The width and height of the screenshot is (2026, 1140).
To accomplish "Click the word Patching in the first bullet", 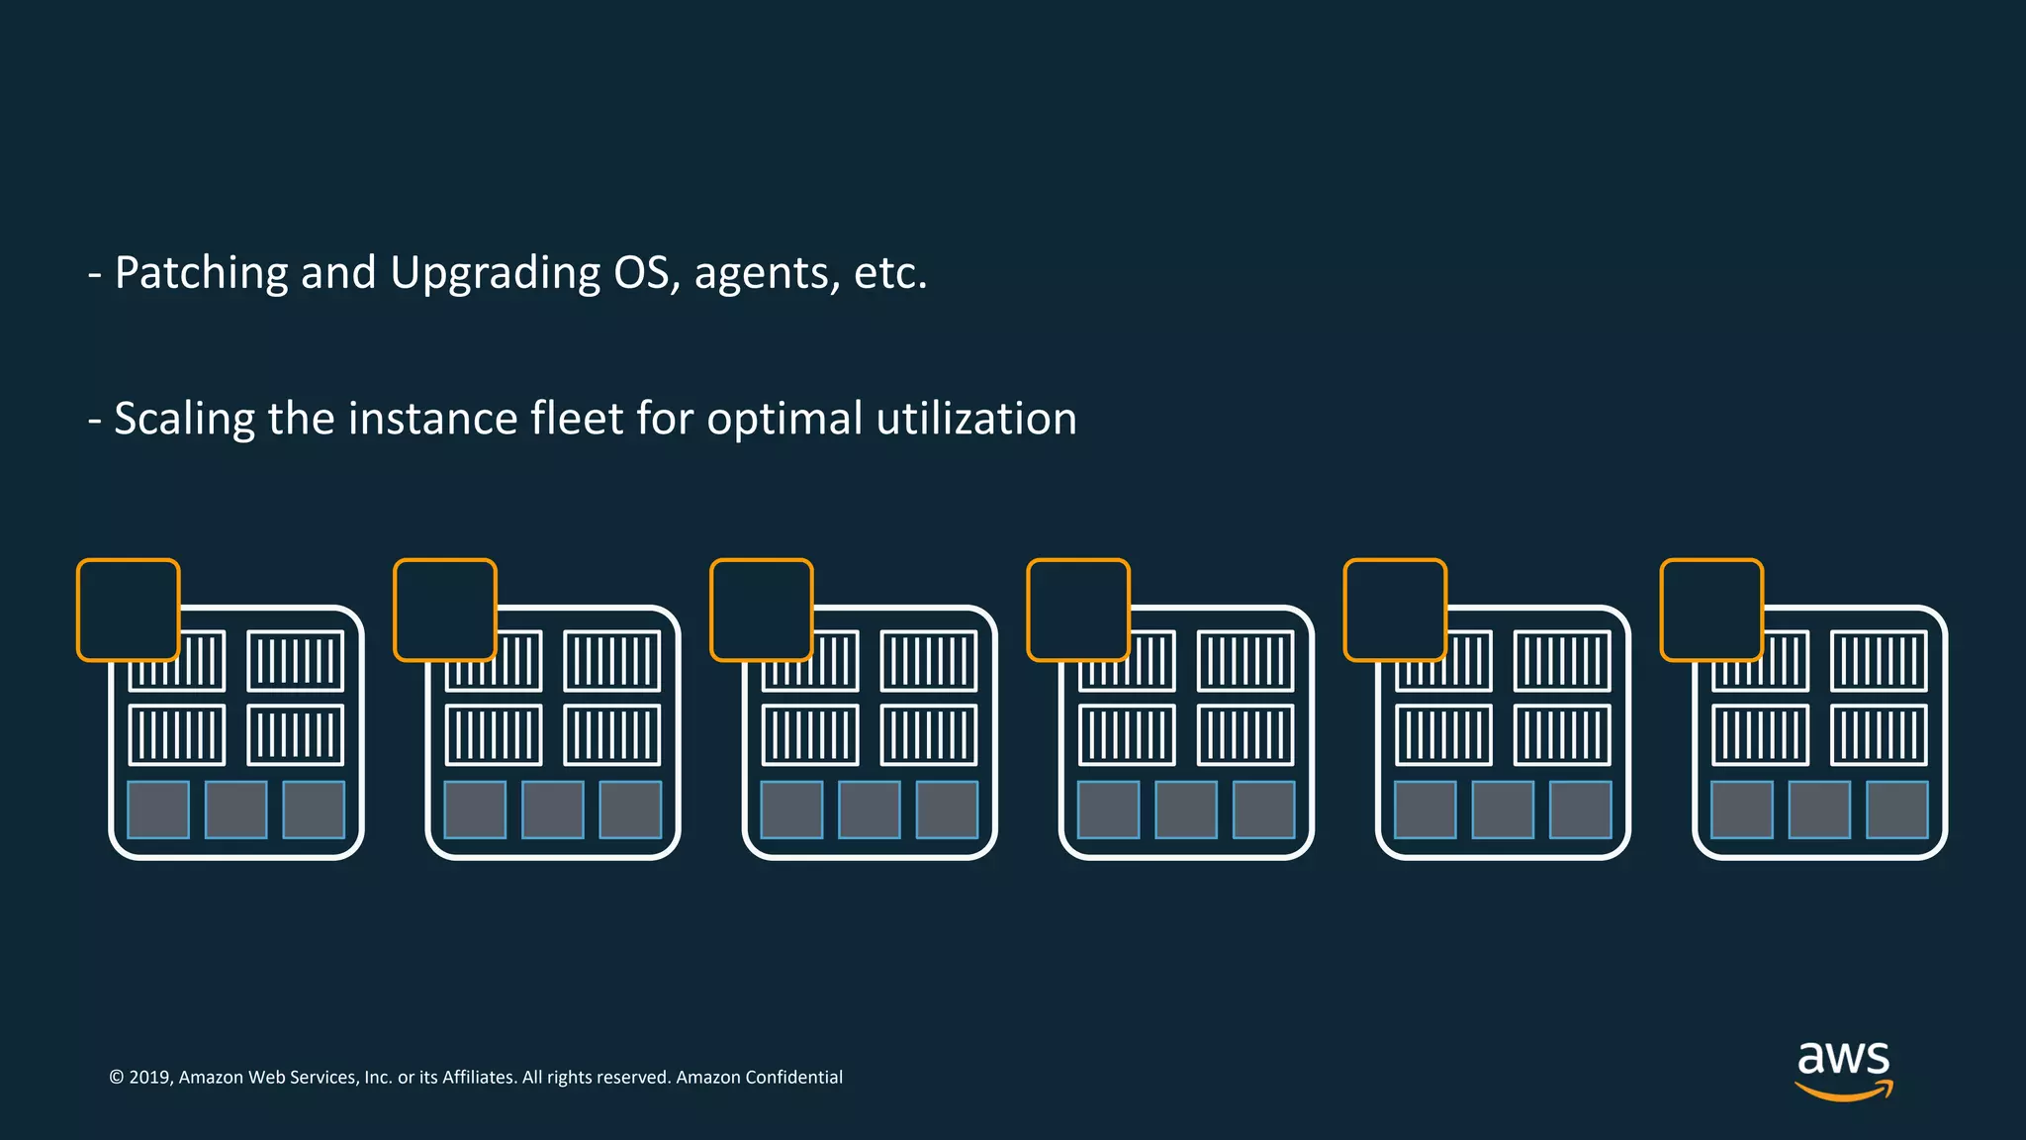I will [201, 273].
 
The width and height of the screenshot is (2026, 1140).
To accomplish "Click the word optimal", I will [784, 420].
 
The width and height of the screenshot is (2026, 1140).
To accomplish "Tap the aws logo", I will [1843, 1069].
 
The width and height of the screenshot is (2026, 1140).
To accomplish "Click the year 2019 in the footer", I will [149, 1078].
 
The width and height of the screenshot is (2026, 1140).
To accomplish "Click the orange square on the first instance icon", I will [129, 610].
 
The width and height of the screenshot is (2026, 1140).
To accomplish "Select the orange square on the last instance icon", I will [1711, 610].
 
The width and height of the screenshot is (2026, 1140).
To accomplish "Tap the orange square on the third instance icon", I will [762, 610].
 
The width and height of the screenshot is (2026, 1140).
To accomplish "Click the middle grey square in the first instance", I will [235, 809].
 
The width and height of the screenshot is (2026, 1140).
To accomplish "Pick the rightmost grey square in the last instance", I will [1896, 809].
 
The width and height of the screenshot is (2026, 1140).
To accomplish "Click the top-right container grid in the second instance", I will [612, 661].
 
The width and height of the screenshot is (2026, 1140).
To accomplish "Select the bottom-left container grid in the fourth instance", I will [1127, 735].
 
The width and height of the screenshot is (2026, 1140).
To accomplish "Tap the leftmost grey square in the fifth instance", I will [1426, 809].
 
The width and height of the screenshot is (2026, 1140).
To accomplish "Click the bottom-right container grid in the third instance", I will [929, 735].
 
